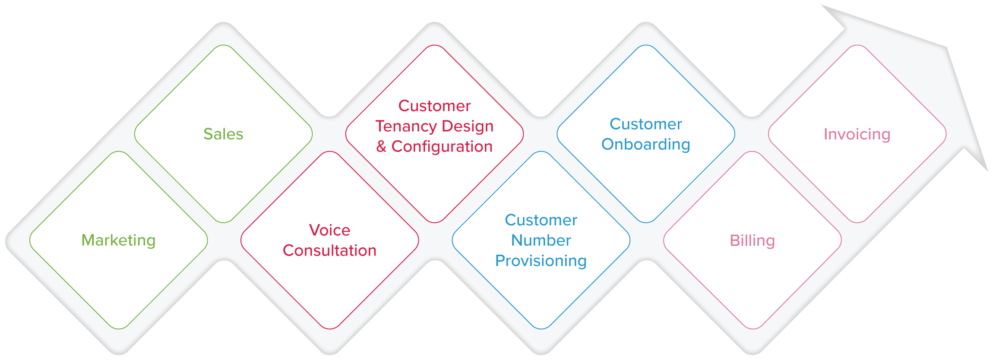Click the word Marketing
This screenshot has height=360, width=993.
[x=118, y=240]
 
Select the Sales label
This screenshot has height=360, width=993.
[x=223, y=134]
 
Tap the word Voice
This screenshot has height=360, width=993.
[x=329, y=230]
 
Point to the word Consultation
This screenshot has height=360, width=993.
[x=329, y=251]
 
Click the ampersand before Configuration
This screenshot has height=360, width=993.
[x=381, y=147]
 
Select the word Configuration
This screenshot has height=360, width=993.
[x=442, y=147]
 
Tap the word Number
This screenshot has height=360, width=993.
[x=541, y=240]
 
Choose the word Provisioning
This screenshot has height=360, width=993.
[x=541, y=261]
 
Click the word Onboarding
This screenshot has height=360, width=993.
[x=646, y=145]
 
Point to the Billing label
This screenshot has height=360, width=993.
[x=752, y=240]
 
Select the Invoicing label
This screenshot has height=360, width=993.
[x=857, y=134]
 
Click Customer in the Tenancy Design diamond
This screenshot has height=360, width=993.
[x=434, y=106]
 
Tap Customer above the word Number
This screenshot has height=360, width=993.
[x=541, y=220]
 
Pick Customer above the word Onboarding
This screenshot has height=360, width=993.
[x=646, y=124]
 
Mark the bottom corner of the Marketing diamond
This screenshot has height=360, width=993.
[x=118, y=328]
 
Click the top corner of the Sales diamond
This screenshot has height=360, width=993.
[x=224, y=45]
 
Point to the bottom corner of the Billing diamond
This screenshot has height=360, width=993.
[x=753, y=328]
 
